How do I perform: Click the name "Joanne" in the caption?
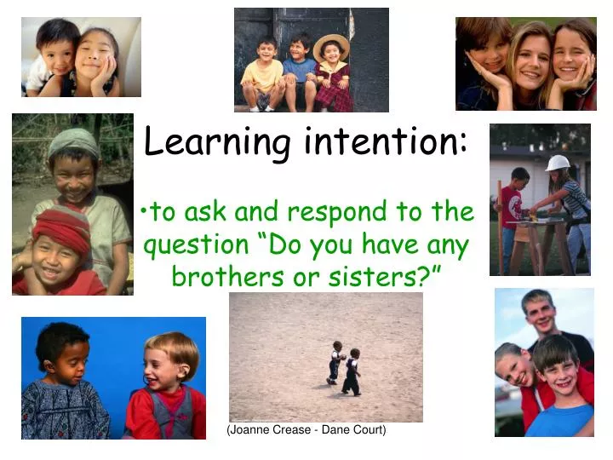pos(251,430)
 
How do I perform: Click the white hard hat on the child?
pos(558,163)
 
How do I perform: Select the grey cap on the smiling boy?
pos(73,141)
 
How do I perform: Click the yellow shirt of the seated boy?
pos(261,77)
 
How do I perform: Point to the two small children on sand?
pos(344,368)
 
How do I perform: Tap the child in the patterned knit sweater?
pos(64,388)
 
